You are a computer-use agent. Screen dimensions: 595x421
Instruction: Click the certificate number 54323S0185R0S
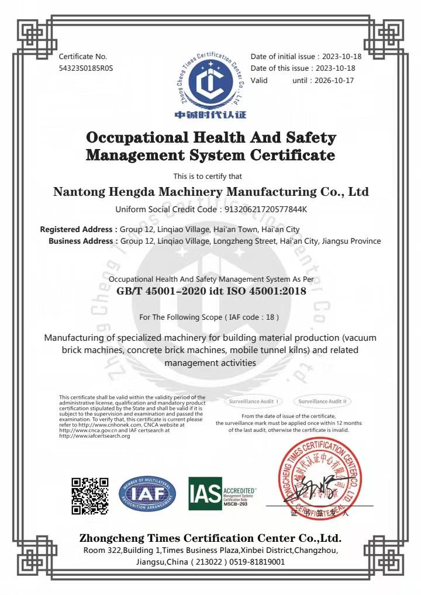(86, 68)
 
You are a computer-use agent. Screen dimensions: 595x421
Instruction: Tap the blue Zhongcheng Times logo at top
(210, 82)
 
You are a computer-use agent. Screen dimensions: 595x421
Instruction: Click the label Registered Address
(78, 230)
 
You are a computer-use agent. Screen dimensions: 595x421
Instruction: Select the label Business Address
(82, 241)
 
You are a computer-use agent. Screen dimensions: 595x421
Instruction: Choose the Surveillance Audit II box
(323, 402)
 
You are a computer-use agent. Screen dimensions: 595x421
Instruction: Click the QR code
(90, 496)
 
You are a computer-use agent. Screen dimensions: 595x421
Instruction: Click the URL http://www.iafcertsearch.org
(95, 436)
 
